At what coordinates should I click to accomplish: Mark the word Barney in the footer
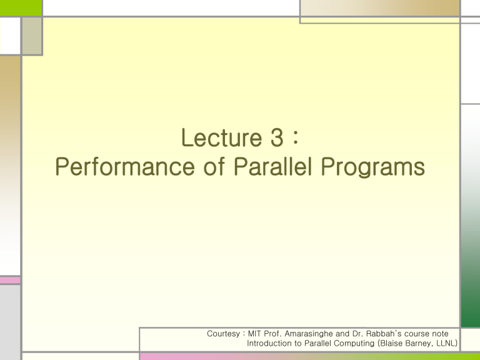422,343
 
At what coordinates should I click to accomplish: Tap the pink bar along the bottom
250,356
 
